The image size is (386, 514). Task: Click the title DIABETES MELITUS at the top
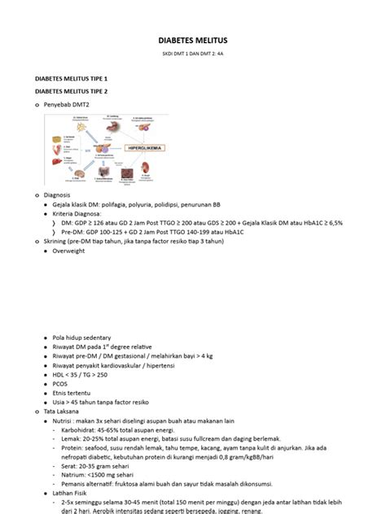pos(192,40)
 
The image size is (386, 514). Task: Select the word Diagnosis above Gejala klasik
pos(57,196)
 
